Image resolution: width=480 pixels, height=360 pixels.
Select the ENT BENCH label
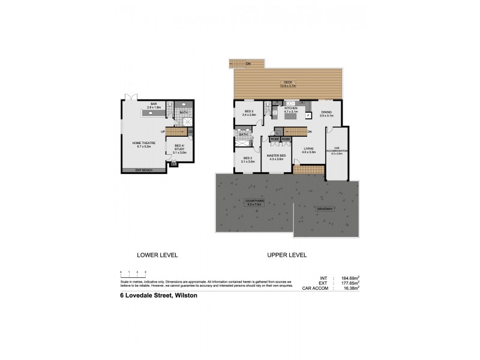[143, 170]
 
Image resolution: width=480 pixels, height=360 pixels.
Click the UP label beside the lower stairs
[163, 131]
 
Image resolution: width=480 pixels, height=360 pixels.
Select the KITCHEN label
[290, 109]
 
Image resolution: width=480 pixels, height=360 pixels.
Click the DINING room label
[326, 113]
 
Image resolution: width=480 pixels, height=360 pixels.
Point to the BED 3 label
[249, 113]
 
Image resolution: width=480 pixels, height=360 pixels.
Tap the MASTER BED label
[277, 157]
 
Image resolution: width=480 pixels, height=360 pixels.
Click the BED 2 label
[248, 160]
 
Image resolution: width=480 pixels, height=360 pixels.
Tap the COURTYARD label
[254, 202]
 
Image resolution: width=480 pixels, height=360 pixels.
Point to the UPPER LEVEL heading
[287, 255]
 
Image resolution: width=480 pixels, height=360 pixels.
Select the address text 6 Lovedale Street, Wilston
[158, 295]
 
